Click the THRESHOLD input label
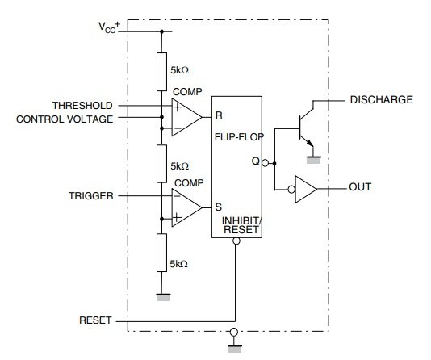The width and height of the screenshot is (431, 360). (82, 106)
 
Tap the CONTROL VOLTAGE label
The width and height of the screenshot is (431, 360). (65, 119)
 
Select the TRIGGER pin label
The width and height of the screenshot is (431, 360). (91, 196)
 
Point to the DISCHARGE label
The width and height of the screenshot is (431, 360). (382, 99)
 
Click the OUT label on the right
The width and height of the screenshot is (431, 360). (360, 187)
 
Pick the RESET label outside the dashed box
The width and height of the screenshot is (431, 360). (95, 320)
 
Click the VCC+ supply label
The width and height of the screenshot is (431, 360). (110, 27)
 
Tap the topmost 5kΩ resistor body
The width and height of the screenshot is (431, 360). (161, 72)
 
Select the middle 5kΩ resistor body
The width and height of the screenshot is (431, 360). (161, 164)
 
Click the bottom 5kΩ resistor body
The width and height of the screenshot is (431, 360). (161, 253)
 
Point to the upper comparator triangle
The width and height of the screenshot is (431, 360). (187, 117)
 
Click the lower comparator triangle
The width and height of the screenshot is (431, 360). (187, 207)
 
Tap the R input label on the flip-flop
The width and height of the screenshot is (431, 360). (219, 115)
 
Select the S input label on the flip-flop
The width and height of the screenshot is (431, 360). (219, 207)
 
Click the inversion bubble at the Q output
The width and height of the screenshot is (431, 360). (265, 163)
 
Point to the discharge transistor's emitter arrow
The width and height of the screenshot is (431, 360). (309, 143)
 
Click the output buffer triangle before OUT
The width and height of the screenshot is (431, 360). (306, 189)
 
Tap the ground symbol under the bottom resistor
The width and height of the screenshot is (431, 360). (163, 297)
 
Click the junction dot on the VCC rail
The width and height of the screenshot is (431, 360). (161, 31)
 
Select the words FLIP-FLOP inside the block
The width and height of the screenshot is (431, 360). (239, 137)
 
